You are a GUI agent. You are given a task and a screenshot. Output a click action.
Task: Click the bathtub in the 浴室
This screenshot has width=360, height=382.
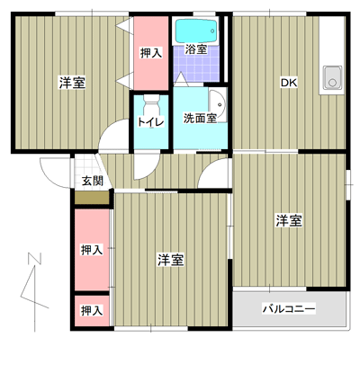click(x=196, y=31)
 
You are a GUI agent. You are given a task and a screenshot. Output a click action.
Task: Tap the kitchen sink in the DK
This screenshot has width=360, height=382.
click(x=332, y=77)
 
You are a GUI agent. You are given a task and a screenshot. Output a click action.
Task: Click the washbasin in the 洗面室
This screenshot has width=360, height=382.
click(x=218, y=105)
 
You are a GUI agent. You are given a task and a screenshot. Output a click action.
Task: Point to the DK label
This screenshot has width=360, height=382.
click(x=289, y=83)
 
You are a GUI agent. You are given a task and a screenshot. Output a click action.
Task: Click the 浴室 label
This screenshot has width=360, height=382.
click(x=195, y=49)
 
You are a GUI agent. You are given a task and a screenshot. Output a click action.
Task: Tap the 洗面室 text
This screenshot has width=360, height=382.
click(x=200, y=119)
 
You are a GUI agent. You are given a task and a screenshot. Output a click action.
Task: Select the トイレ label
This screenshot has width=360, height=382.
click(x=151, y=122)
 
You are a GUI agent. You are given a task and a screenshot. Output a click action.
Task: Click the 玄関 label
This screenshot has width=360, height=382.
click(x=93, y=181)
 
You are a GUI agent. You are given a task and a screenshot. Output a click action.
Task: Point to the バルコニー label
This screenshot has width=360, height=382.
click(x=289, y=308)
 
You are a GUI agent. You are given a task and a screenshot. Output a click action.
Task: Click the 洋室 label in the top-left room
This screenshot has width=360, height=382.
click(x=72, y=83)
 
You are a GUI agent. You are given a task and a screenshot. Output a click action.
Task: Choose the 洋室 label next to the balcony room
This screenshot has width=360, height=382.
click(x=289, y=221)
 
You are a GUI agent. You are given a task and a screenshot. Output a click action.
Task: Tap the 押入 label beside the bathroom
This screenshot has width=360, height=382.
click(x=151, y=53)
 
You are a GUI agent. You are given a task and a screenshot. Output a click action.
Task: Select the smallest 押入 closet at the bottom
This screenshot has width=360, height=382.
click(x=92, y=311)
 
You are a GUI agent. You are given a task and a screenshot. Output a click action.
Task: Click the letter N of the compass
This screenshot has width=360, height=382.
click(x=34, y=259)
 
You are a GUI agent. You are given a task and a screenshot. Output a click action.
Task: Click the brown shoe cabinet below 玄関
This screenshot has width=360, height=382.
click(x=92, y=198)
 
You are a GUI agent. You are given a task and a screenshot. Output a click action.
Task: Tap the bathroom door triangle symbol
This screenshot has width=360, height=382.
click(x=181, y=79)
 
